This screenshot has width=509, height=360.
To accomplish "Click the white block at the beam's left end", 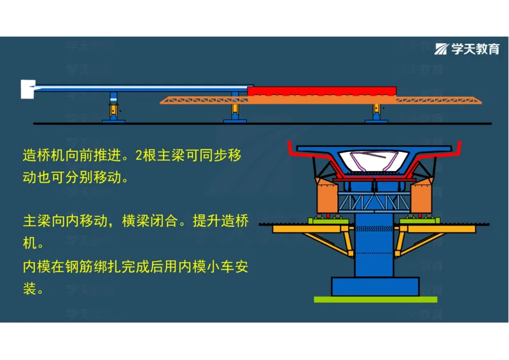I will point(27,88).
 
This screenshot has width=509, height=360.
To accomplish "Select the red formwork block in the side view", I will point(321,91).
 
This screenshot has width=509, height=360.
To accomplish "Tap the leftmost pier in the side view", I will point(113,107).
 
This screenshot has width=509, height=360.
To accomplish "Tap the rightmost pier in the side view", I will point(377,112).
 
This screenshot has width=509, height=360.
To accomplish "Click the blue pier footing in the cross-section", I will point(375,286).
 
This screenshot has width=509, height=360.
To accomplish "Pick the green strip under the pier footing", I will point(375,299).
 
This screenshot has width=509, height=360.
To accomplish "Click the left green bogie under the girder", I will point(326,221).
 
